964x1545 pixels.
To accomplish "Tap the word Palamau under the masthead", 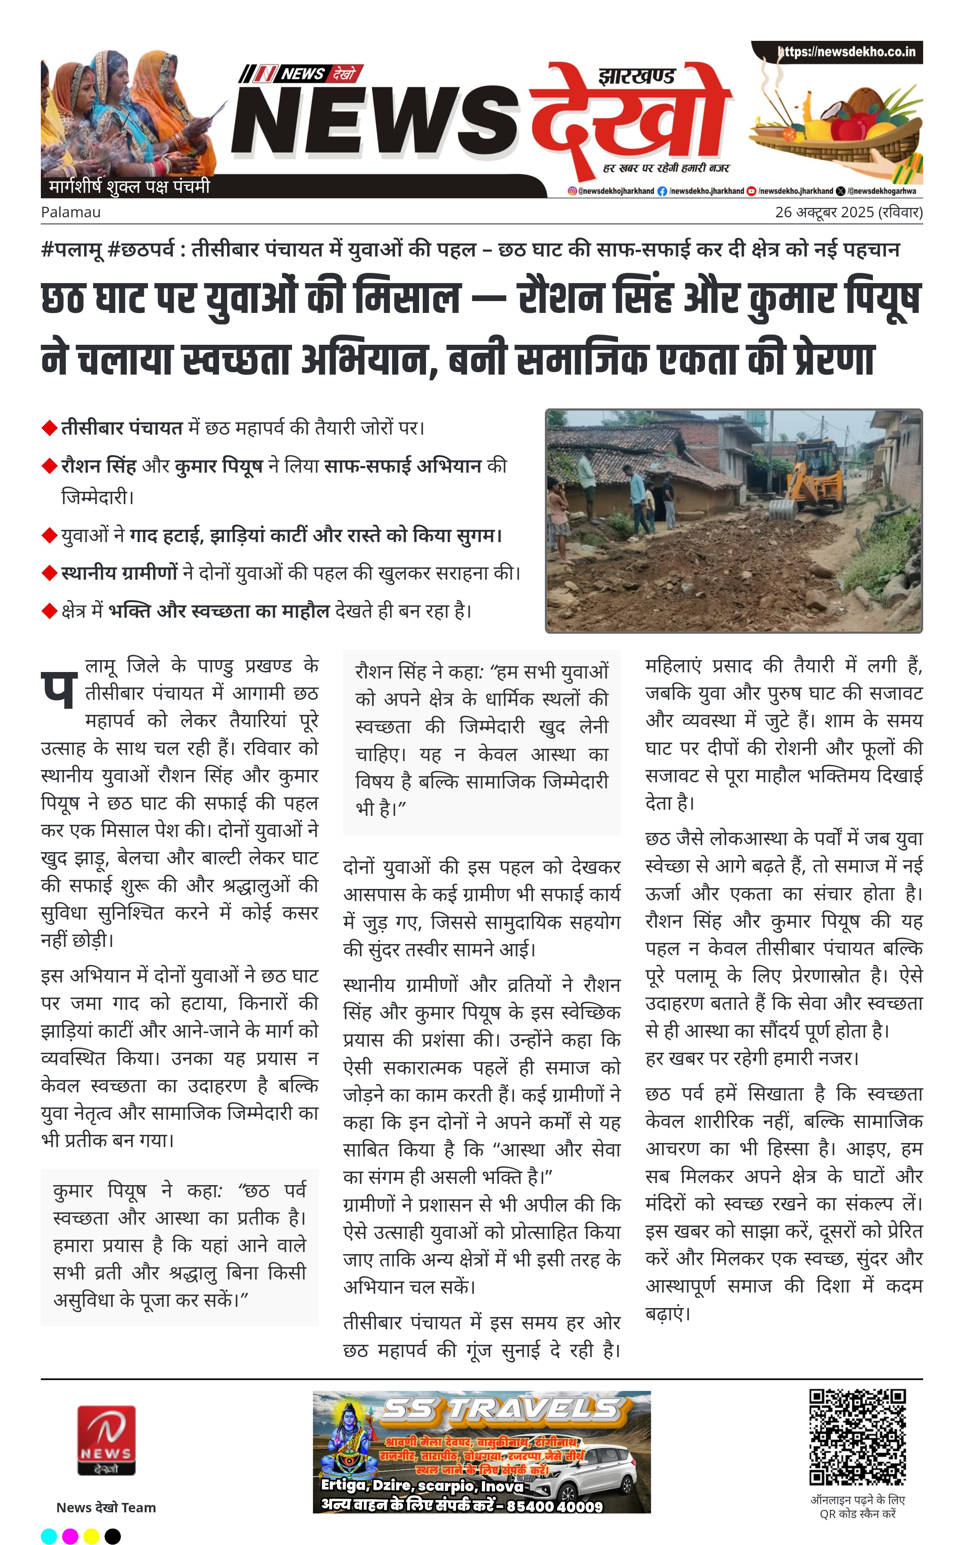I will pyautogui.click(x=71, y=212).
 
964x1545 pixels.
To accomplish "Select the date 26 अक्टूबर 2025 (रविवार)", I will pyautogui.click(x=848, y=212).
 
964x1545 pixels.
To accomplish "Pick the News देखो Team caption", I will pyautogui.click(x=106, y=1507).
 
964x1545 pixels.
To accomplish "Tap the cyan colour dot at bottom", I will pyautogui.click(x=49, y=1536).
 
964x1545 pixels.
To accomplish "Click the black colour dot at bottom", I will pyautogui.click(x=113, y=1536).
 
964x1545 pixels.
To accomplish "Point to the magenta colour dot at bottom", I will pyautogui.click(x=70, y=1536).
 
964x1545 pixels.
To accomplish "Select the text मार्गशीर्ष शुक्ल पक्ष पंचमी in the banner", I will pyautogui.click(x=129, y=187).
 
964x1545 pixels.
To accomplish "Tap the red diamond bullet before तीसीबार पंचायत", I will pyautogui.click(x=49, y=428).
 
